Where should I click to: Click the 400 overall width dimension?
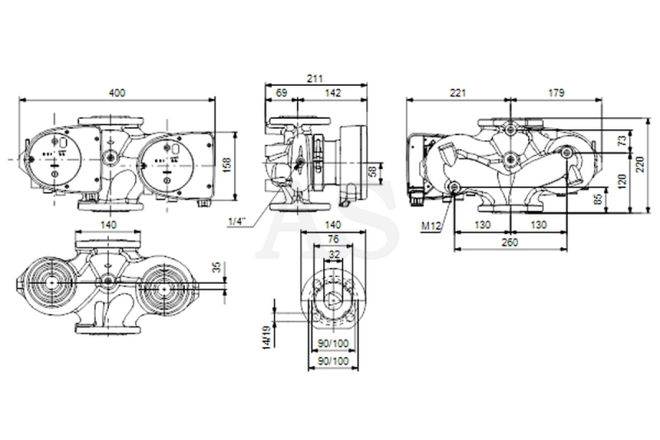coord(117,93)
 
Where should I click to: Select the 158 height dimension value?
coord(227,166)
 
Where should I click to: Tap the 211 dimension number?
coord(315,79)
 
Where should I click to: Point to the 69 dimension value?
coord(282,93)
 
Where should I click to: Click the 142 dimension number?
coord(333,93)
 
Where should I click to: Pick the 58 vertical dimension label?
coord(373,171)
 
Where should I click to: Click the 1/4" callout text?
coord(237,221)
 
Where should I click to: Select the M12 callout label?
coord(431,226)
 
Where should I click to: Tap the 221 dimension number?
coord(458,93)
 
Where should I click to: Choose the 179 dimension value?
coord(556,93)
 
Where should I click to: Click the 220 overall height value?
coord(641,164)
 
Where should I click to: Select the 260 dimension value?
coord(510,242)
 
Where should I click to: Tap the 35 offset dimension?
coord(217,267)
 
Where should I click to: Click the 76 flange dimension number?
coord(333,239)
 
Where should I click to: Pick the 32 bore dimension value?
coord(334,254)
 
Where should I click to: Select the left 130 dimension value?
coord(482,225)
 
